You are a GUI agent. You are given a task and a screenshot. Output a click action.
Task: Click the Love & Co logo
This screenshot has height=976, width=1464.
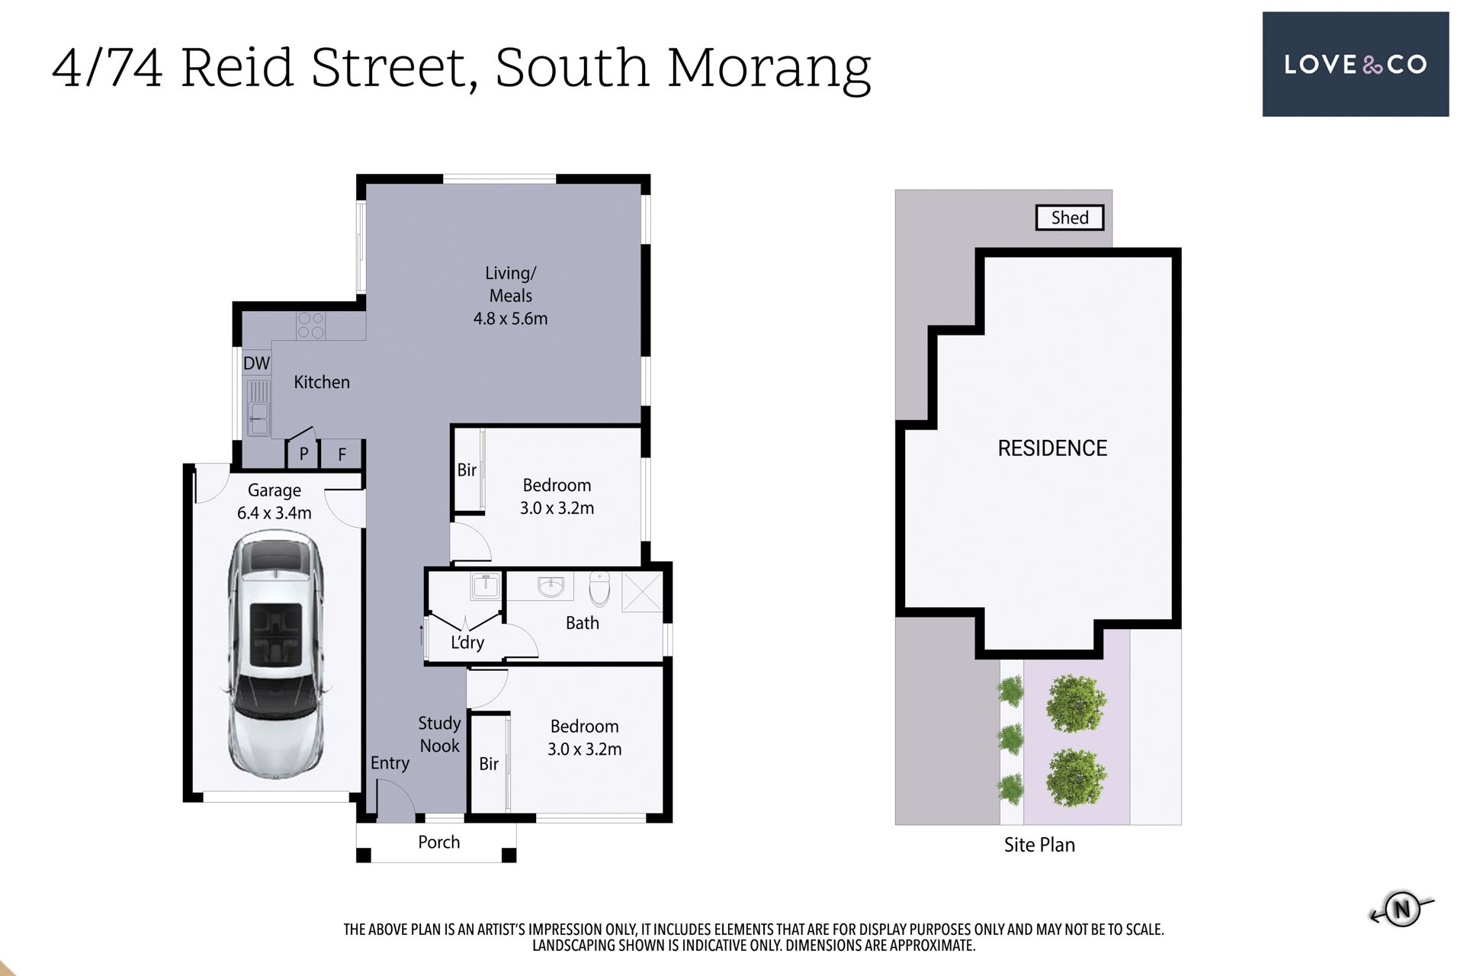click(1355, 64)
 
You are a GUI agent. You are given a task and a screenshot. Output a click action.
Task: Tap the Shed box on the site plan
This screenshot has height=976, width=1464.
click(1070, 217)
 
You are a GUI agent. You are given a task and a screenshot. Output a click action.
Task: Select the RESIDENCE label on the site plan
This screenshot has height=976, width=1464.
click(1052, 448)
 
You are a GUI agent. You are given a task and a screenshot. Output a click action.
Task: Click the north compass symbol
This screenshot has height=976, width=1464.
click(1401, 909)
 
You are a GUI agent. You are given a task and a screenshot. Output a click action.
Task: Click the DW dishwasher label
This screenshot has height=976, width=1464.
click(256, 363)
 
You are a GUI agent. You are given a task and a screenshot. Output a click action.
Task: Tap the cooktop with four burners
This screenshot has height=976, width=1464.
click(310, 326)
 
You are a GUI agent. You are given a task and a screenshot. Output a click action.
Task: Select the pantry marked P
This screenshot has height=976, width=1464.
click(303, 454)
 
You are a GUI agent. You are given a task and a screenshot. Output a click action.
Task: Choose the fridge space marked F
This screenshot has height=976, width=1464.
click(342, 454)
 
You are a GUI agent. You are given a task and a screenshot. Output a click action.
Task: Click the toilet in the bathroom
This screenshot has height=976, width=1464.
click(600, 589)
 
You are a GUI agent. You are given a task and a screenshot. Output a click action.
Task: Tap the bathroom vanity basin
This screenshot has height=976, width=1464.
click(551, 587)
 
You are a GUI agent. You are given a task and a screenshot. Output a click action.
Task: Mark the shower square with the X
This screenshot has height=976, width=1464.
click(642, 592)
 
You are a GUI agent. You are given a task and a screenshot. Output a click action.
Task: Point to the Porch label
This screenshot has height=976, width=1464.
click(439, 842)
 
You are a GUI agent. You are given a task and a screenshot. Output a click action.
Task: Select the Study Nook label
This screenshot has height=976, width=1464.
click(439, 734)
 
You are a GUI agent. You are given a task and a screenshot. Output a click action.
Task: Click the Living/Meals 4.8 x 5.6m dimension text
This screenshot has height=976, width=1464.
click(511, 319)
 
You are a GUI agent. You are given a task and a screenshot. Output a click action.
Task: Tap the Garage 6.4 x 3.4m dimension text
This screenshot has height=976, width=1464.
click(274, 513)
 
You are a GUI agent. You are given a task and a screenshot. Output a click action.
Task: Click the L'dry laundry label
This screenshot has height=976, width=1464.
click(467, 643)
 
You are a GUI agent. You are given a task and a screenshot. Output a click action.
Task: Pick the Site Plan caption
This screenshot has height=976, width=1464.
click(1039, 845)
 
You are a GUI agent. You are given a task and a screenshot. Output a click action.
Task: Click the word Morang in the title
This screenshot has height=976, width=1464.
click(769, 69)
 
